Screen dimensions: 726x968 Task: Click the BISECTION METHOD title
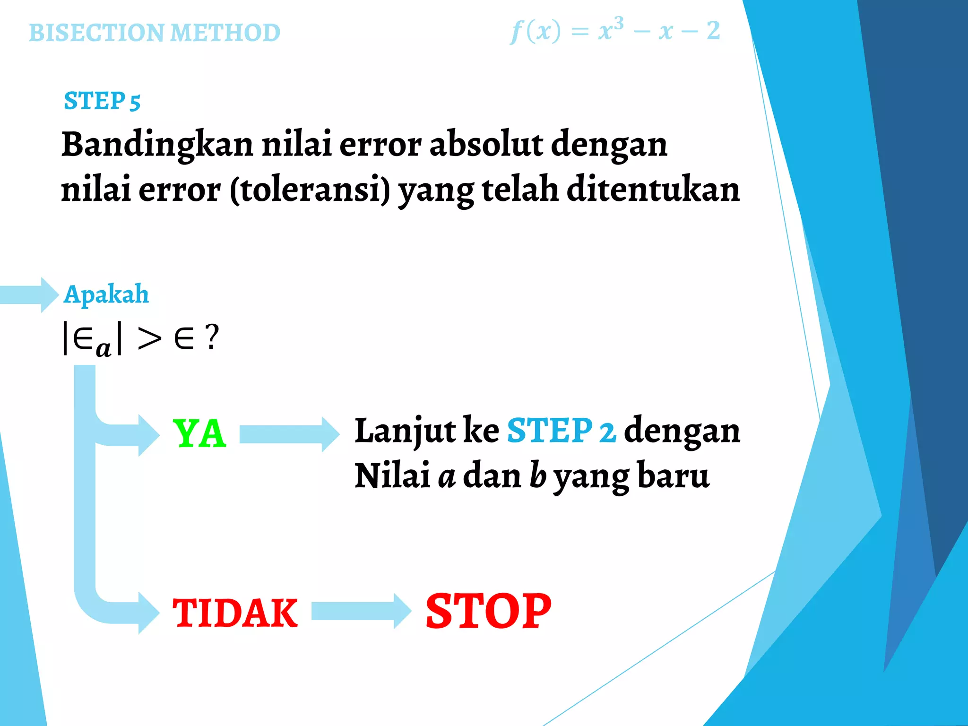(155, 33)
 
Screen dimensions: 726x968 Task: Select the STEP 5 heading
(102, 101)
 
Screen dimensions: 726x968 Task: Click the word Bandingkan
(157, 144)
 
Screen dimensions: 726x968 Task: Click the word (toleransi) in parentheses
(310, 189)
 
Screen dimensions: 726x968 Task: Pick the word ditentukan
(653, 189)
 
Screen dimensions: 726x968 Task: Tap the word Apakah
(106, 294)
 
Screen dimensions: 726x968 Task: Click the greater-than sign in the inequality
(149, 338)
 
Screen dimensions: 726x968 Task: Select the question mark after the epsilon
(212, 337)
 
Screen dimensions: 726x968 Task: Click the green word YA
(199, 434)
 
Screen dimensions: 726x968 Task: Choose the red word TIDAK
(235, 613)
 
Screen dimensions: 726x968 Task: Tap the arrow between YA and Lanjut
(289, 434)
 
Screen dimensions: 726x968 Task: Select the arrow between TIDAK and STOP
(361, 611)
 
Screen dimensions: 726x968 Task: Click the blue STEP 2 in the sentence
(561, 431)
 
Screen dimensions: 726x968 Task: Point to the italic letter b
(537, 475)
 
